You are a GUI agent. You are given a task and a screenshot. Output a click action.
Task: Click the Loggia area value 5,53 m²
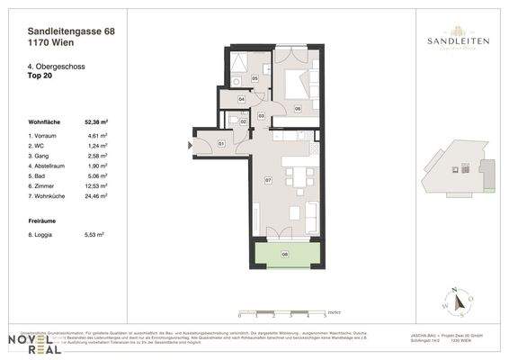[x=94, y=234]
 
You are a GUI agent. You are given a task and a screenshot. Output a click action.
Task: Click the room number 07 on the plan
[x=267, y=181]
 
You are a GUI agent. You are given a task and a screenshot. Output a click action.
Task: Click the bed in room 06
[x=294, y=85]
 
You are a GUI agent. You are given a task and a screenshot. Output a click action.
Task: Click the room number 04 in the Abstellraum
[x=242, y=99]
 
